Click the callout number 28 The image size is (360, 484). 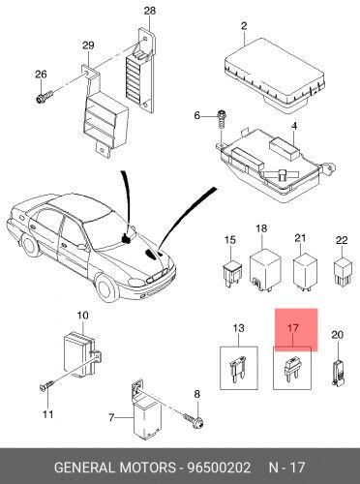pos(150,11)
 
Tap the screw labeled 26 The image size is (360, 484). pos(45,96)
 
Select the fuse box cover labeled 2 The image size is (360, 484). pos(274,74)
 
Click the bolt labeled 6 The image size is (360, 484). pos(222,119)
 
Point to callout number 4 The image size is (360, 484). pos(294,126)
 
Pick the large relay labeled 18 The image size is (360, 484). pos(265,270)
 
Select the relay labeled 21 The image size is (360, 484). pos(304,271)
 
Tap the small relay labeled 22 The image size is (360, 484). pos(342,271)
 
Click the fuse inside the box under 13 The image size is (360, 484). pos(238,369)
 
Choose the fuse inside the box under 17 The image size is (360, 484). pos(292,368)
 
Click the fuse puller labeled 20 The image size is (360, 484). pos(339,373)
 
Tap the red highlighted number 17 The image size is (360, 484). pos(292,328)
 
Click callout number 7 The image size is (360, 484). pos(111,418)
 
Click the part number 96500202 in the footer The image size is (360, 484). pos(220,468)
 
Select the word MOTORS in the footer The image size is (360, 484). pos(147,468)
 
